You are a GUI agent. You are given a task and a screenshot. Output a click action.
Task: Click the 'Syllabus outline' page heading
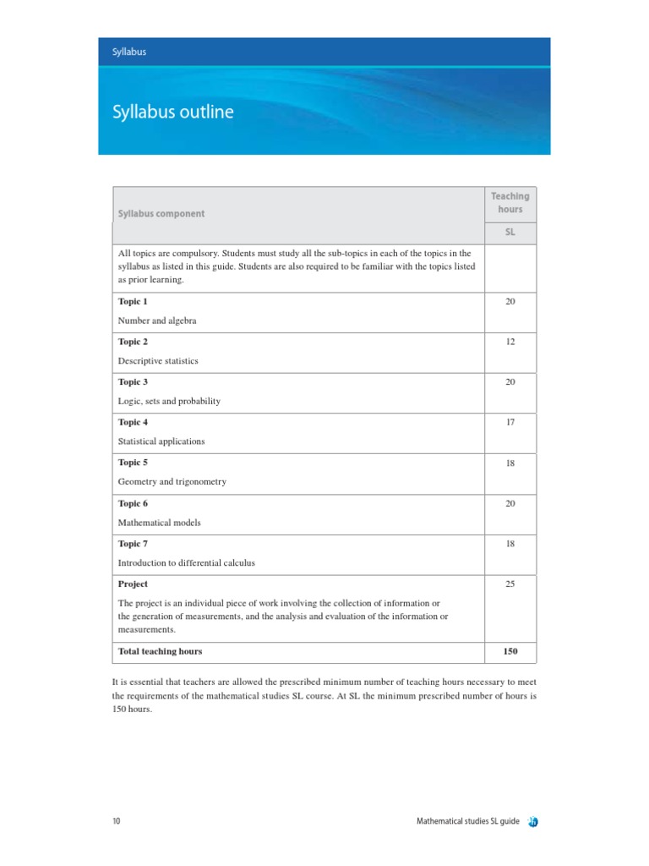point(172,112)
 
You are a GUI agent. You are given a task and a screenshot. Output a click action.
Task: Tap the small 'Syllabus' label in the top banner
point(129,52)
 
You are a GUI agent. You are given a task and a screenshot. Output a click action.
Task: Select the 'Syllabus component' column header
point(161,214)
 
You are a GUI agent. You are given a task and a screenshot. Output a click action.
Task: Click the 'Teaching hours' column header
point(510,203)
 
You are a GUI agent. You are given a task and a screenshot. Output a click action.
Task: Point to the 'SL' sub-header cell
point(510,233)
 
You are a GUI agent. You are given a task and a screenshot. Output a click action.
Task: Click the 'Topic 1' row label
point(133,302)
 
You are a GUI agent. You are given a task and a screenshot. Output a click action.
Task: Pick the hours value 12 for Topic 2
point(510,342)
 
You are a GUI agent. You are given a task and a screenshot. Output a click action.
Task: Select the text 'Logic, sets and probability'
point(169,401)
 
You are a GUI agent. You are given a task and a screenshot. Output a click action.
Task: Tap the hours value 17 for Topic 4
point(510,422)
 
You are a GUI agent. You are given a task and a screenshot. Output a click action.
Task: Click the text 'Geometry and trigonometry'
point(172,481)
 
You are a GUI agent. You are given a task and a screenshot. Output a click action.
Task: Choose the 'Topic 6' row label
point(133,503)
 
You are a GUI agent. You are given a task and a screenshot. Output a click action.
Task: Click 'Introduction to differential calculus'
point(186,562)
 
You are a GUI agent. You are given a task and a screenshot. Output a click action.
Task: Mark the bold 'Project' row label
point(133,584)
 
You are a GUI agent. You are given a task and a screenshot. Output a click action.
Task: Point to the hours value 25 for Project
point(510,584)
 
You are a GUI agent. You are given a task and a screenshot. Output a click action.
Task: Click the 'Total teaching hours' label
point(160,651)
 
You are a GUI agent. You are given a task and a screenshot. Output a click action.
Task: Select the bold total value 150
point(510,651)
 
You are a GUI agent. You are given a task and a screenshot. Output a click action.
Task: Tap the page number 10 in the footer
point(116,821)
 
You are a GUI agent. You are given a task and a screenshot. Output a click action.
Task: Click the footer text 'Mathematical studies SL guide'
point(467,821)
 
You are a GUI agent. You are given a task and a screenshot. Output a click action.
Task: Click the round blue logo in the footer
point(534,821)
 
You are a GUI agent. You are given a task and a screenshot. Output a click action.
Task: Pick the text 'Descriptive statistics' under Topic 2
point(158,361)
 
